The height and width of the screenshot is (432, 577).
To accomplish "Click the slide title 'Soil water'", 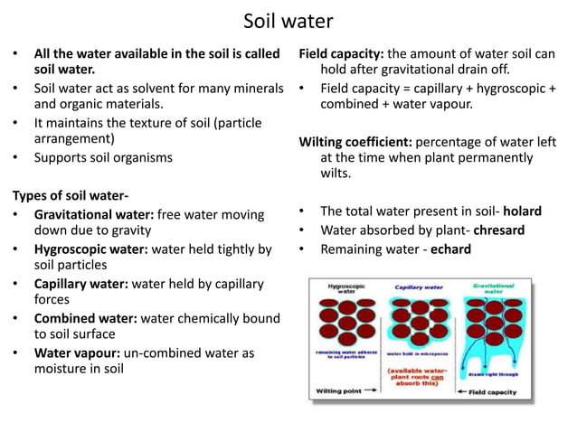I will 288,20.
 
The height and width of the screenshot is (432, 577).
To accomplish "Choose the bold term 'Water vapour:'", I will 75,352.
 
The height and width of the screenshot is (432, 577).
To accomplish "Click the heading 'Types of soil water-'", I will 70,194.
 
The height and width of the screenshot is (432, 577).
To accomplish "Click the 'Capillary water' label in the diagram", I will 418,286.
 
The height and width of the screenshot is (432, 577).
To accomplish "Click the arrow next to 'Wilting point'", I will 371,391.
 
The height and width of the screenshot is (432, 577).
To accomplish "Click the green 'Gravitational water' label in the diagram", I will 494,289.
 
